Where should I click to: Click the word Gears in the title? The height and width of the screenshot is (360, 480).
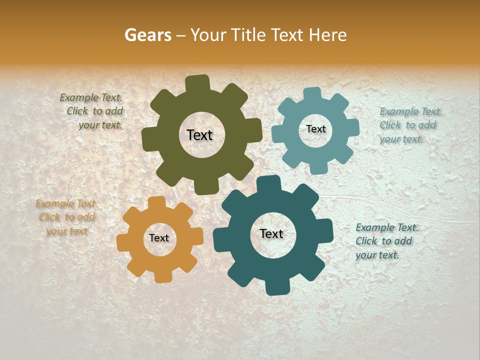point(147,35)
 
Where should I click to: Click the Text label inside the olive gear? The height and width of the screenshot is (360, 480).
point(199,135)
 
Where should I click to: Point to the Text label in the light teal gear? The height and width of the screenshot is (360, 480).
point(315,129)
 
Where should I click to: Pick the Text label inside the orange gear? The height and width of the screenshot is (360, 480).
point(159,238)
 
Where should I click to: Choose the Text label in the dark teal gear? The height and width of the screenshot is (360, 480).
point(271,233)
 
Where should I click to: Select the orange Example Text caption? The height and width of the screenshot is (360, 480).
point(66,217)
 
